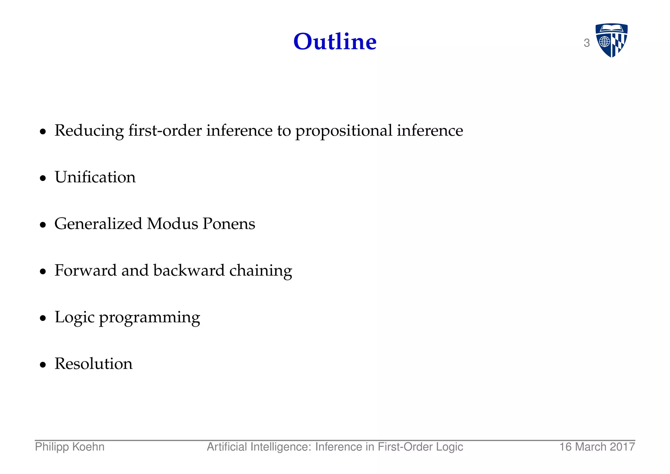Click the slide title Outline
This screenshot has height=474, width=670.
(x=335, y=42)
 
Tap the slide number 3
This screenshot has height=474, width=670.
(x=587, y=43)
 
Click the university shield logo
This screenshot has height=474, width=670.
(x=611, y=40)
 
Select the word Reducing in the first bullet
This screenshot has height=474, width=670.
(x=89, y=131)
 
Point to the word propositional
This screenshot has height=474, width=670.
(x=344, y=131)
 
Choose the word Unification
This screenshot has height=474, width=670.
(x=95, y=177)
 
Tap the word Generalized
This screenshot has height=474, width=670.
(x=98, y=224)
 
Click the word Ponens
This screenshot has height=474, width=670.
(x=229, y=224)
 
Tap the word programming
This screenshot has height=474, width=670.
(x=150, y=318)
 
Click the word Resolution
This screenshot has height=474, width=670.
(x=94, y=364)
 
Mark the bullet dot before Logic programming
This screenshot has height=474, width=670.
(x=43, y=318)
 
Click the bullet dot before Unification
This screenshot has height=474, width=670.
(x=43, y=178)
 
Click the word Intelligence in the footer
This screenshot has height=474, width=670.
(x=281, y=447)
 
